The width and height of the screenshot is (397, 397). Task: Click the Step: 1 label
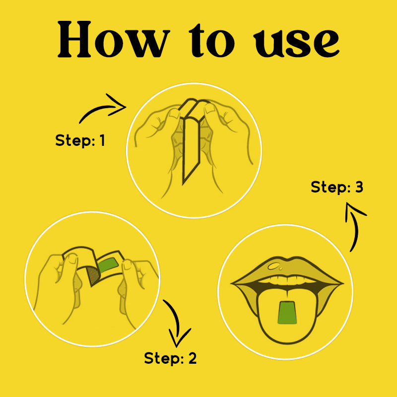[x=80, y=140]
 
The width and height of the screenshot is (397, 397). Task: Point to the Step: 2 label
[x=170, y=358]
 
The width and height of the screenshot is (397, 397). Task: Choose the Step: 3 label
[x=337, y=187]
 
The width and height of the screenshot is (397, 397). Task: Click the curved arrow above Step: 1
[x=103, y=108]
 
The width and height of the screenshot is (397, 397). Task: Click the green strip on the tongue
[x=287, y=313]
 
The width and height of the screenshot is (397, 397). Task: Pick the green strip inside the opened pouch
[x=108, y=265]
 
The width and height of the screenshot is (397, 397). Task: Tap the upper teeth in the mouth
[x=287, y=280]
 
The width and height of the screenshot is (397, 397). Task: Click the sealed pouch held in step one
[x=192, y=140]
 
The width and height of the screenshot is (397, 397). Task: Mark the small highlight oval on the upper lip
[x=273, y=265]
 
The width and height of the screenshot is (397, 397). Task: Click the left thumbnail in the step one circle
[x=175, y=113]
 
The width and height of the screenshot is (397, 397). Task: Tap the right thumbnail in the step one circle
[x=209, y=109]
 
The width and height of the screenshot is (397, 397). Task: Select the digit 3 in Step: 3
[x=359, y=187]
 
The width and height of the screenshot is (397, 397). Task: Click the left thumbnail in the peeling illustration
[x=73, y=259]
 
